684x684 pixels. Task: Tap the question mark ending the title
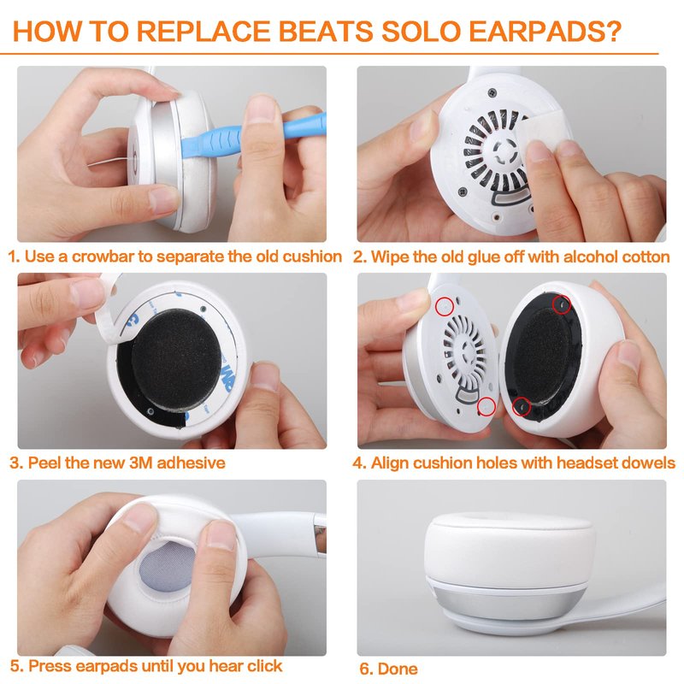click(613, 31)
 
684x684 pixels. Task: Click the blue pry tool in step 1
click(253, 135)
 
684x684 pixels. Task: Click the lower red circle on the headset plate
click(486, 407)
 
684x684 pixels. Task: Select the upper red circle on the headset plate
click(445, 306)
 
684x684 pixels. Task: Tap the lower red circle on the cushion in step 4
click(522, 407)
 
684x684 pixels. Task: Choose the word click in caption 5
click(265, 666)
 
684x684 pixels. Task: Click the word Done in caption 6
click(397, 669)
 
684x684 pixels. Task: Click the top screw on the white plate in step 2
click(492, 92)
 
